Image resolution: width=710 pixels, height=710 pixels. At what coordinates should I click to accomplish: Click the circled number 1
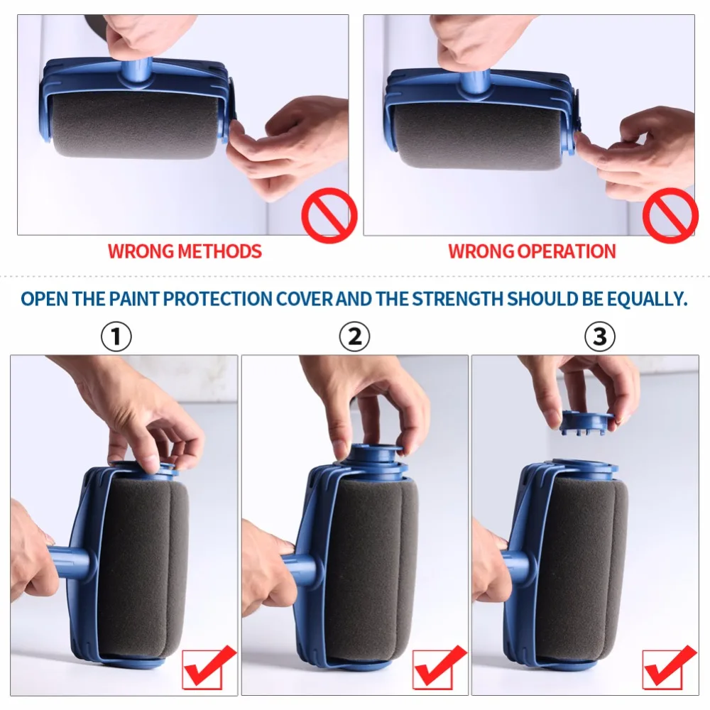point(116,337)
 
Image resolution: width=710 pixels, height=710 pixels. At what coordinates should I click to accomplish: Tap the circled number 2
point(354,337)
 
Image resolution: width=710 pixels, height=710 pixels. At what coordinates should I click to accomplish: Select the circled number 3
point(600,337)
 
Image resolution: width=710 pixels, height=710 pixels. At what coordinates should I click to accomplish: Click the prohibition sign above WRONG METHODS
point(329,215)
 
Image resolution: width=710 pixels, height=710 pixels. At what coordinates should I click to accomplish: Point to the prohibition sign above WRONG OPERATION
point(670,215)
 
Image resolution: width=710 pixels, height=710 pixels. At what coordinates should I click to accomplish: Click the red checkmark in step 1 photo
point(209,667)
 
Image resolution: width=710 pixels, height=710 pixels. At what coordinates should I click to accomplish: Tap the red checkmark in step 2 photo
point(440,667)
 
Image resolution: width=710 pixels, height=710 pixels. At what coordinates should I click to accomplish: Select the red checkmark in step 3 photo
point(670,667)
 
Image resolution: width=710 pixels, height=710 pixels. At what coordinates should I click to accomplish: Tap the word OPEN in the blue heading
point(45,298)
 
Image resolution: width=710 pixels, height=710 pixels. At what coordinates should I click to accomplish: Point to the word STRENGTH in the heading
point(459,298)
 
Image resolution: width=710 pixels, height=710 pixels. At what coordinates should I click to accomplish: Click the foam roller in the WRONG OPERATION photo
point(477,135)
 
